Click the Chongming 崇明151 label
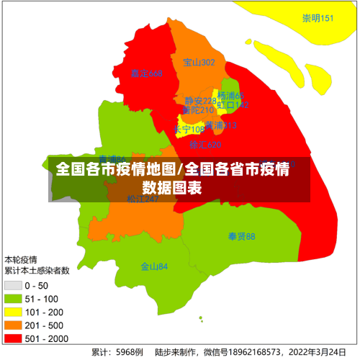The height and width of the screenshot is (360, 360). coord(318,19)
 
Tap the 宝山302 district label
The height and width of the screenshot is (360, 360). coord(199,63)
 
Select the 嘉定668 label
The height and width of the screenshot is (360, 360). coord(147,73)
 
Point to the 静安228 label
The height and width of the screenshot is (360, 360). coord(199,101)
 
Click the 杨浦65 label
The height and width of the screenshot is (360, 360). coord(231,96)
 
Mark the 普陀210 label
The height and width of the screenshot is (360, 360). coord(197,110)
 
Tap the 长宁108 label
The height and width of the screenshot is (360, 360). coord(189,130)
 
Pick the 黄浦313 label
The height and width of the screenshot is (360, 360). coord(220,125)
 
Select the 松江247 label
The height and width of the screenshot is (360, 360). coord(143,199)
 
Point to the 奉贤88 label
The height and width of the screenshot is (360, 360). coord(241,236)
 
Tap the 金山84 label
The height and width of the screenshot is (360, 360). coord(154,266)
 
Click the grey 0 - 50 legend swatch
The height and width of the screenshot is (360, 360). coord(13,286)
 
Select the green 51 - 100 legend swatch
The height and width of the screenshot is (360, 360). coord(13,299)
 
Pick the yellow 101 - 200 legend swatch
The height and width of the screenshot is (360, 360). coord(13,312)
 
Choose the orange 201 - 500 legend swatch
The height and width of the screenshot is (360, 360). coord(13,325)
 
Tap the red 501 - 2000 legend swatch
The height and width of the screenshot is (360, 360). coord(13,338)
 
